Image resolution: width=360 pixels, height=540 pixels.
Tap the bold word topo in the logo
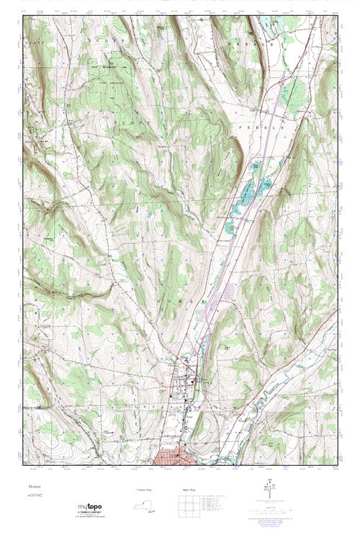(x=92, y=508)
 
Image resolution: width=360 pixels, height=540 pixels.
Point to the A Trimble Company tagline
(x=90, y=513)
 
